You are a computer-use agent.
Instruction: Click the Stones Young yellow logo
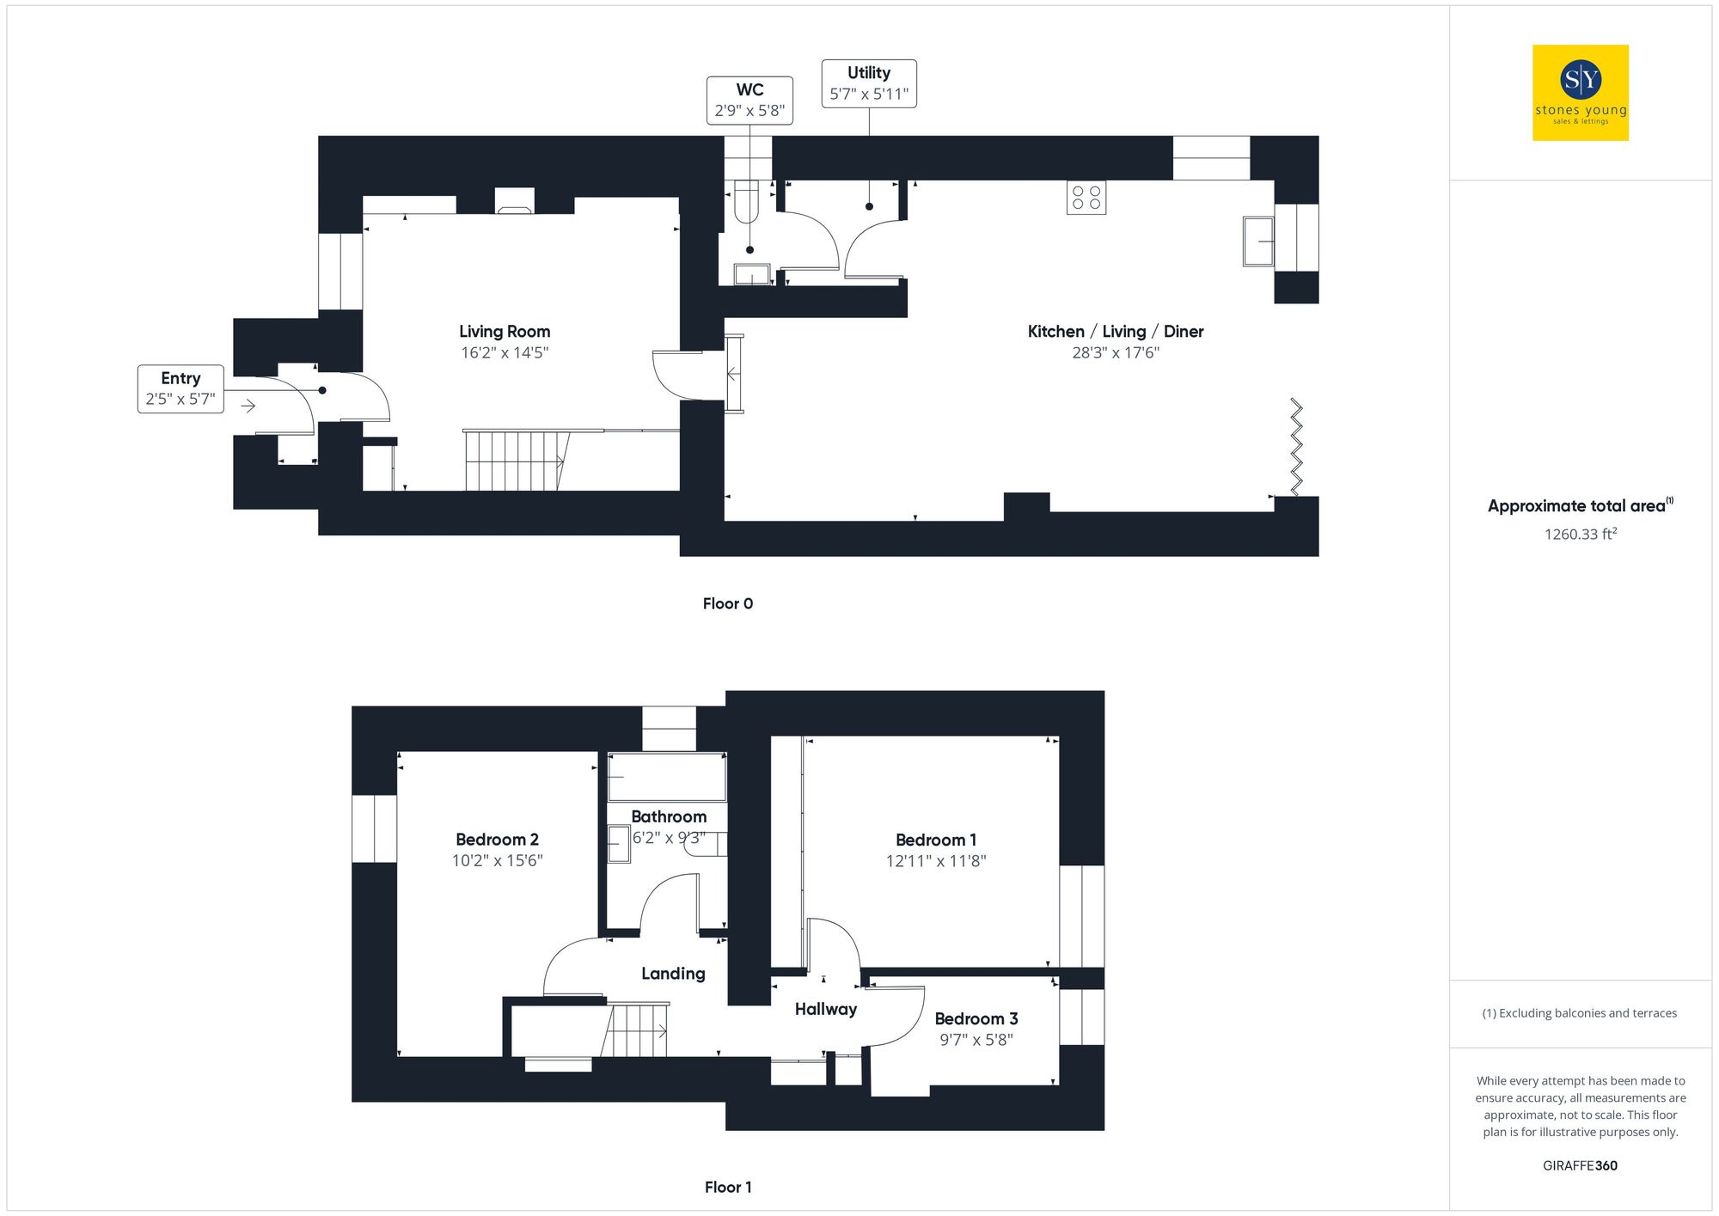[1580, 93]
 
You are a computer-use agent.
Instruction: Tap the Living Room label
[505, 332]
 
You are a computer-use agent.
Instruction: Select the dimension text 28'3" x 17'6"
[1116, 353]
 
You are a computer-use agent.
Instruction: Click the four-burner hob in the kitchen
[1086, 198]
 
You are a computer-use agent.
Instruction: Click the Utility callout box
[869, 83]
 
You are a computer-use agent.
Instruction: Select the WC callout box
[749, 101]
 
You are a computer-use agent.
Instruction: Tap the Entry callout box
[180, 389]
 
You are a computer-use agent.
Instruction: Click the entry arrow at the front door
[248, 406]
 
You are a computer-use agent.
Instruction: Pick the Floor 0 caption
[727, 603]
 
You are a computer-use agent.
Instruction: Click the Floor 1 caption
[727, 1187]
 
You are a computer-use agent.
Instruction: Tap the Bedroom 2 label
[497, 840]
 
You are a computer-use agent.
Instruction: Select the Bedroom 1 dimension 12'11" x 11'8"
[936, 861]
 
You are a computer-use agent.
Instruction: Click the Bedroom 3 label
[976, 1019]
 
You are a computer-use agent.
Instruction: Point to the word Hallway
[825, 1009]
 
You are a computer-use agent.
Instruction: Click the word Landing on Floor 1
[673, 974]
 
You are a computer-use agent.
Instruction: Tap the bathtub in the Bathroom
[667, 777]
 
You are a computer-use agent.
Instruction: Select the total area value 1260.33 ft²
[1580, 535]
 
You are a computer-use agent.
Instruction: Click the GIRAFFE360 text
[1580, 1166]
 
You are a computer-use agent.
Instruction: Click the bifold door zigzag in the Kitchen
[1296, 446]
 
